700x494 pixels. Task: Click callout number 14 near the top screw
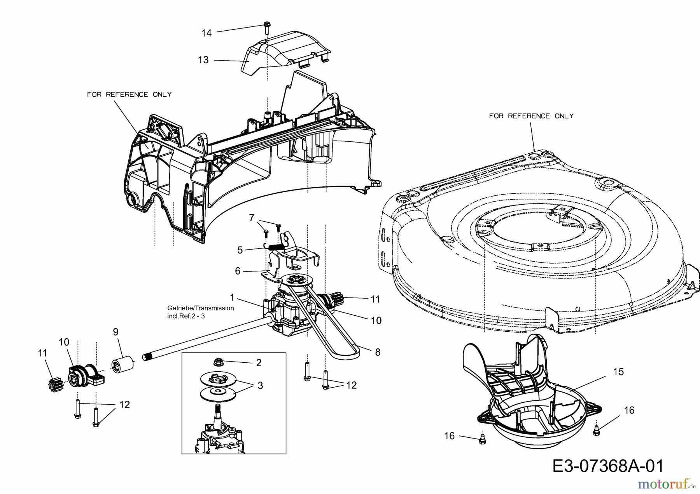pos(206,33)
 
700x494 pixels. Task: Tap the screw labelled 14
pos(267,27)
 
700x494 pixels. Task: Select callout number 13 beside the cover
pos(203,60)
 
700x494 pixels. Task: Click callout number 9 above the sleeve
pos(115,332)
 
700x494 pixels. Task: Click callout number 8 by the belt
pos(377,352)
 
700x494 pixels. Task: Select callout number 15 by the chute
pos(618,372)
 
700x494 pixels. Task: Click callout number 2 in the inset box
pos(259,362)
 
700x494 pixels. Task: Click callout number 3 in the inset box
pos(260,385)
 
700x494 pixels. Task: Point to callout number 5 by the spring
pos(240,250)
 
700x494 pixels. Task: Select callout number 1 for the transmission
pos(232,297)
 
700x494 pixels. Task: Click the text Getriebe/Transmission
pos(200,308)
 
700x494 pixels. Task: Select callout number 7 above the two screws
pos(252,217)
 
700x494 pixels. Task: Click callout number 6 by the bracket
pos(238,271)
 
